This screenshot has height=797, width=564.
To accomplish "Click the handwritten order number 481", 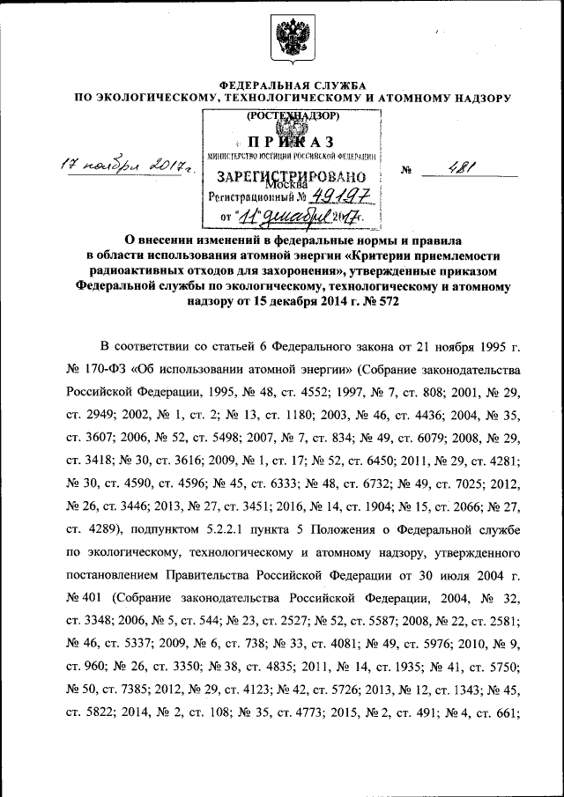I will point(459,168).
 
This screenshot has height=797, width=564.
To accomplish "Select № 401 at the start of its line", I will point(81,595).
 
